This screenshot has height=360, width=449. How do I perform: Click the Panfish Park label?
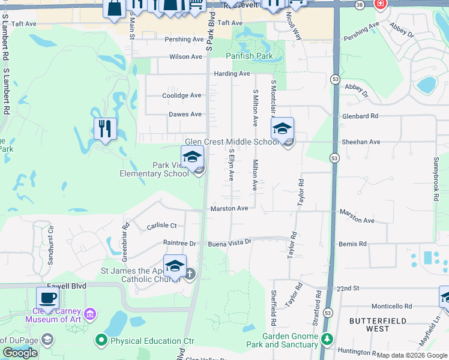click(x=249, y=56)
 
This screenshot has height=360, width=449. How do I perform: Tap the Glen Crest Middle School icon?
click(x=282, y=128)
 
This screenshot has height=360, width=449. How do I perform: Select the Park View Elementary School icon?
click(x=192, y=157)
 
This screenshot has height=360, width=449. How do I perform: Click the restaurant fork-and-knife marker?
click(x=104, y=128)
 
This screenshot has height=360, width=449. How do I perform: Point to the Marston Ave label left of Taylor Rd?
click(x=229, y=209)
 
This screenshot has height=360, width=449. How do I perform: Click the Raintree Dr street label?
click(x=179, y=243)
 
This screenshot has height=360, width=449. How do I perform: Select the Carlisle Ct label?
click(x=161, y=226)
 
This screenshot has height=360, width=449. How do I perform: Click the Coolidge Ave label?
click(x=182, y=95)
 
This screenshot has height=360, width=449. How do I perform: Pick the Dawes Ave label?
click(x=185, y=114)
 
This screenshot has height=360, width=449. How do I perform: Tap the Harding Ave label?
click(x=232, y=74)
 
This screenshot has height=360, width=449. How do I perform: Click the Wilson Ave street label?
click(x=185, y=57)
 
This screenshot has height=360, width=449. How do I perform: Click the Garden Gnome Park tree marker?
click(x=327, y=340)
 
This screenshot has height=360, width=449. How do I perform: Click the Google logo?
click(x=20, y=353)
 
